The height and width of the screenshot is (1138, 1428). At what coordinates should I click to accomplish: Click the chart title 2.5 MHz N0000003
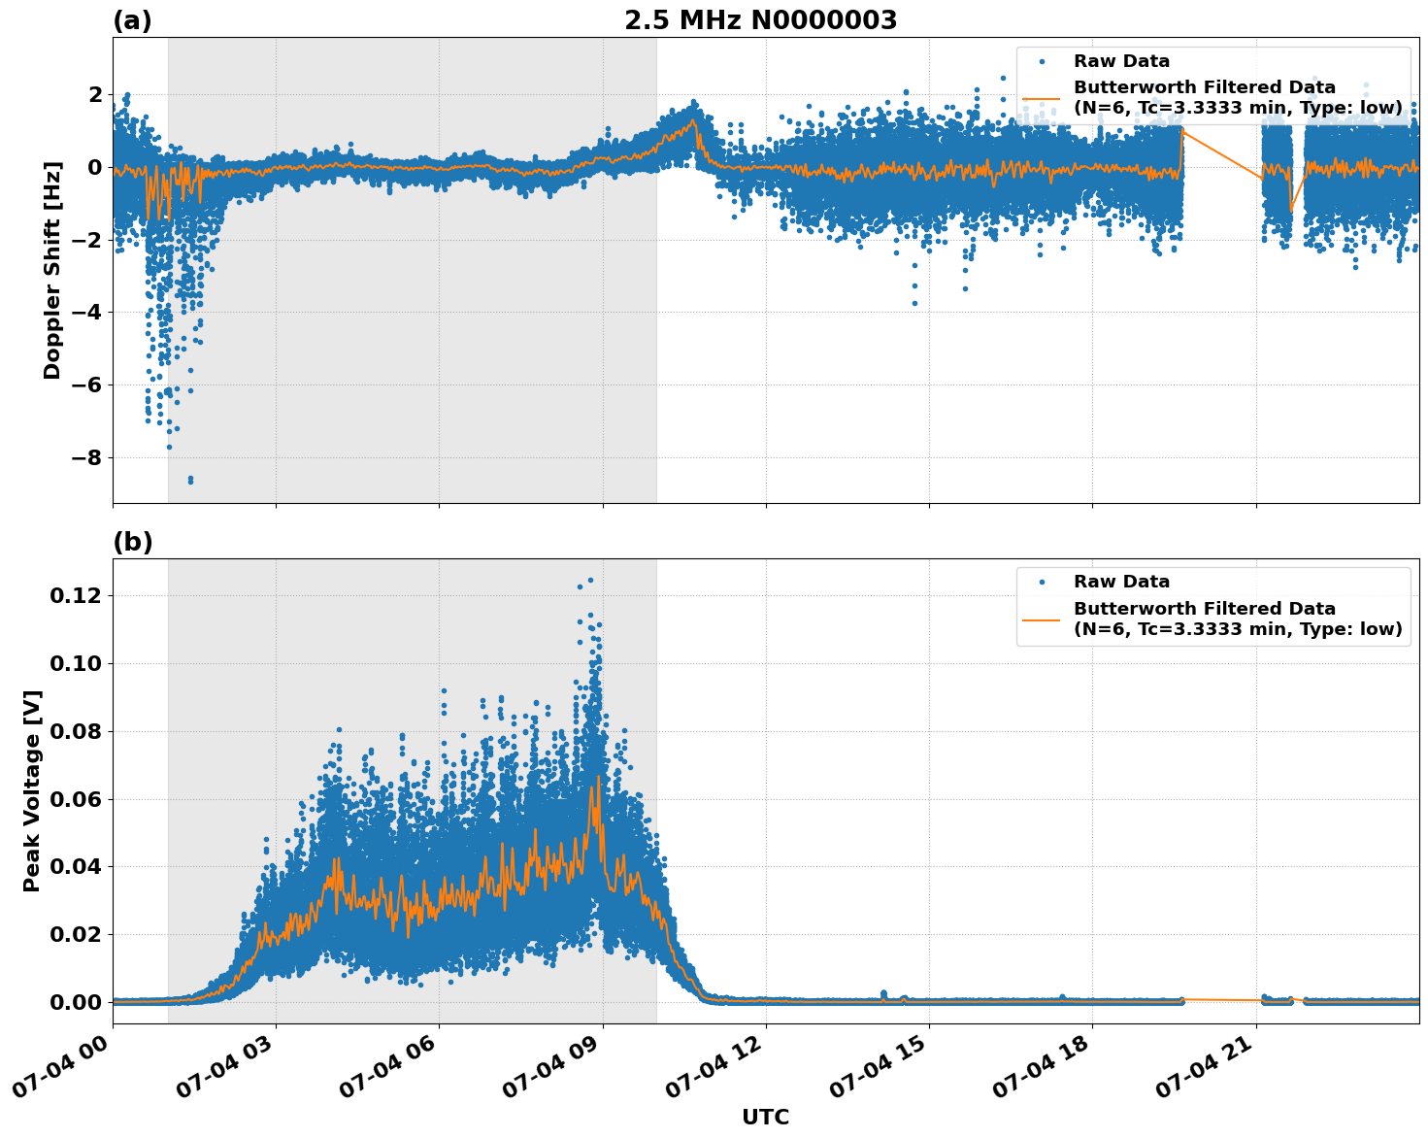tap(760, 20)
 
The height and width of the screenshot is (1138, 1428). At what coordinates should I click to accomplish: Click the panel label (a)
tap(132, 20)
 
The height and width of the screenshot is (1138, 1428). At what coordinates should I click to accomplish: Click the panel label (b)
tap(132, 542)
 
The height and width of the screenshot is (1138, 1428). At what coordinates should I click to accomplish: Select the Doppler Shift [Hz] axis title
tap(52, 270)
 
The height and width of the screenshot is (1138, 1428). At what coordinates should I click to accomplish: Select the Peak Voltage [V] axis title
tap(32, 790)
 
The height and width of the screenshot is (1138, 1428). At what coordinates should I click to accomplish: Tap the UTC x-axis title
tap(765, 1117)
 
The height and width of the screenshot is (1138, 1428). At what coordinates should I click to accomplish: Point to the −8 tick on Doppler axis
tap(88, 457)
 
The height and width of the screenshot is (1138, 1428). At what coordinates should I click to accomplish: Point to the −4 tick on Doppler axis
tap(88, 312)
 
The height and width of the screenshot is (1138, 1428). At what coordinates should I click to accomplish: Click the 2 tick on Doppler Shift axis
tap(95, 94)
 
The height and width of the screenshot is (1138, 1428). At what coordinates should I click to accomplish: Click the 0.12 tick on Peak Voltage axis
tap(76, 595)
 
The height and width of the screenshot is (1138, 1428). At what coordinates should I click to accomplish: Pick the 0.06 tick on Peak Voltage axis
tap(76, 799)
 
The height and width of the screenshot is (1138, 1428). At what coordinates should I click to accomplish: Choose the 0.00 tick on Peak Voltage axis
tap(76, 1002)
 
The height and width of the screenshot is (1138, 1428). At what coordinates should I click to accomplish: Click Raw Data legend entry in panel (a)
tap(1121, 61)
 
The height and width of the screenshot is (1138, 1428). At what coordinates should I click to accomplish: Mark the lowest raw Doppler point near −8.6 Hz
tap(190, 481)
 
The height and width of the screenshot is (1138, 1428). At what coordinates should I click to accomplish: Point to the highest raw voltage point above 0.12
tap(590, 581)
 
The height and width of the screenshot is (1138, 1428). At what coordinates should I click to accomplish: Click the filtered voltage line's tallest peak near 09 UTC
tap(598, 777)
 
